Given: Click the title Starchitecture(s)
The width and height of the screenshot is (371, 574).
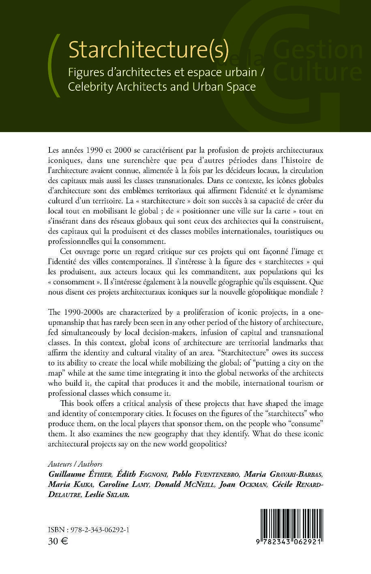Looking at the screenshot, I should pos(148,50).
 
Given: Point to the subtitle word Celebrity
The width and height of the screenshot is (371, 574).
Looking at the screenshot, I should pos(90,87).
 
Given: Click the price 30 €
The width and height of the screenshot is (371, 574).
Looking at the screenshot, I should pos(58,541).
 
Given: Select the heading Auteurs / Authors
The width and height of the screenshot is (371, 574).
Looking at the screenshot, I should pos(75,464).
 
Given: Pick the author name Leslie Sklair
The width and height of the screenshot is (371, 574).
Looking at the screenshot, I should pos(107,494).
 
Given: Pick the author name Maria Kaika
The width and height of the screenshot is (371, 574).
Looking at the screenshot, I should pos(70,484).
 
